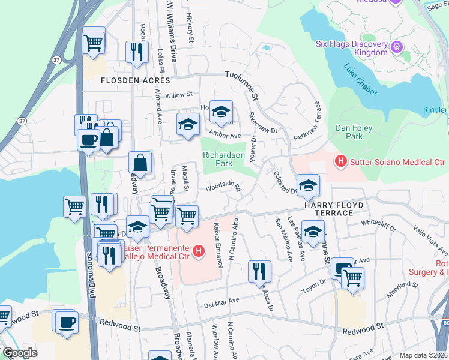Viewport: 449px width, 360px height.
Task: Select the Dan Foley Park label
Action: click(354, 132)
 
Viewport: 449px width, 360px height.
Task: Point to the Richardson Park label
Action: click(224, 159)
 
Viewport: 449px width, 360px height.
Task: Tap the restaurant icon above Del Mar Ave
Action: click(259, 271)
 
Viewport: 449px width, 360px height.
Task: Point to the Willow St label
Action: click(178, 95)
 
